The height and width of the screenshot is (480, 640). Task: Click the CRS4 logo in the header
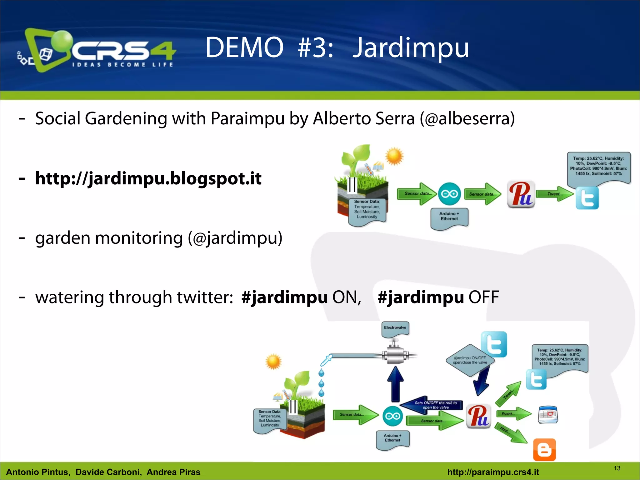[x=97, y=50]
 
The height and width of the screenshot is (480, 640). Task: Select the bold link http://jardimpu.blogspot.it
[x=148, y=178]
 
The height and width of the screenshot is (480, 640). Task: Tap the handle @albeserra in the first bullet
[x=467, y=118]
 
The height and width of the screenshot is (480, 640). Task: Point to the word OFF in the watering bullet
[x=483, y=297]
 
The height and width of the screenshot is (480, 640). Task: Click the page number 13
[x=617, y=468]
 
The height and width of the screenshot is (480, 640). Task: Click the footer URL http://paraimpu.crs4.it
[x=493, y=472]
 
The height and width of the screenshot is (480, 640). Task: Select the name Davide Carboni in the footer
[x=108, y=472]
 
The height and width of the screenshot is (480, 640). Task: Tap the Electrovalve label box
[x=395, y=328]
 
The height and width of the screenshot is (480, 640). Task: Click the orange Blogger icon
[x=544, y=450]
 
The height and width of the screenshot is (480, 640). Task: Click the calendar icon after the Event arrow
[x=548, y=415]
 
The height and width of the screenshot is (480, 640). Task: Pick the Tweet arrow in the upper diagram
[x=555, y=194]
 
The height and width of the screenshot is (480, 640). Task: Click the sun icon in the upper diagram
[x=394, y=156]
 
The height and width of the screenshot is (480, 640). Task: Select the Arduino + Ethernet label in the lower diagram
[x=392, y=438]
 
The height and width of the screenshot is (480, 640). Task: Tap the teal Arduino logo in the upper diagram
[x=449, y=194]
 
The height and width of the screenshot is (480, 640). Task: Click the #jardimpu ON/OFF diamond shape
[x=470, y=360]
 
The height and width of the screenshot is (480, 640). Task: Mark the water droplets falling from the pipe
[x=321, y=383]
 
